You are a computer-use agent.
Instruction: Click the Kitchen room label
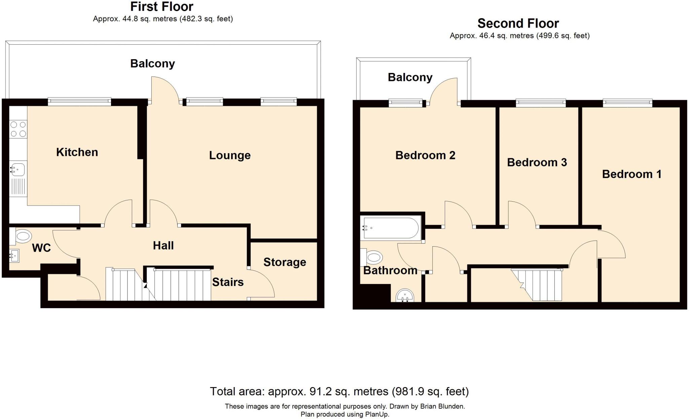[x=77, y=152]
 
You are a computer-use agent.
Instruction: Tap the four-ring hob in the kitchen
[x=18, y=129]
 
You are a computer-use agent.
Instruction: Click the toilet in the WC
[x=23, y=236]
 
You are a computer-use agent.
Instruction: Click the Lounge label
[x=230, y=155]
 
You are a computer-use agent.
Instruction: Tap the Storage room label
[x=285, y=262]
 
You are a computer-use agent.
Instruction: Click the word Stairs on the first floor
[x=228, y=282]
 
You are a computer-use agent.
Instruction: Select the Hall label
[x=163, y=246]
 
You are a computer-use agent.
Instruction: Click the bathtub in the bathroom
[x=391, y=228]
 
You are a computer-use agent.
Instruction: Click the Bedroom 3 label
[x=537, y=163]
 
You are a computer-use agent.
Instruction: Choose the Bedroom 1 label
[x=631, y=174]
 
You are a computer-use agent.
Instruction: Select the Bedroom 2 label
[x=425, y=155]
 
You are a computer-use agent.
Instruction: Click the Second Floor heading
[x=518, y=24]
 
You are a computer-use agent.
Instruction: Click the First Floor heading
[x=162, y=7]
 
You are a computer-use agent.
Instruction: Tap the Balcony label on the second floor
[x=410, y=77]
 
